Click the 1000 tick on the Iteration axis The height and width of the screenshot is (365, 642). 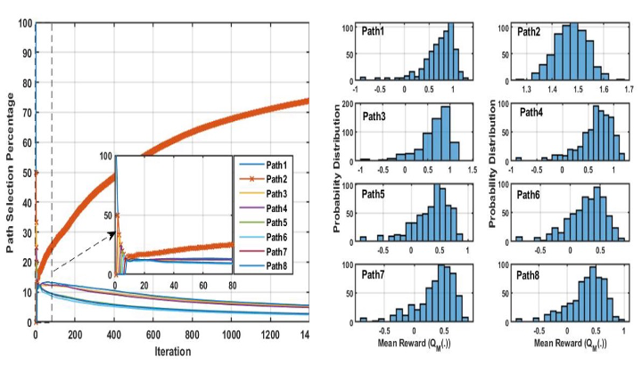[231, 335]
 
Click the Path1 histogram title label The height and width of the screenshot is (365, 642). [373, 32]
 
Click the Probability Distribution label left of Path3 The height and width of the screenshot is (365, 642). [338, 169]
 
